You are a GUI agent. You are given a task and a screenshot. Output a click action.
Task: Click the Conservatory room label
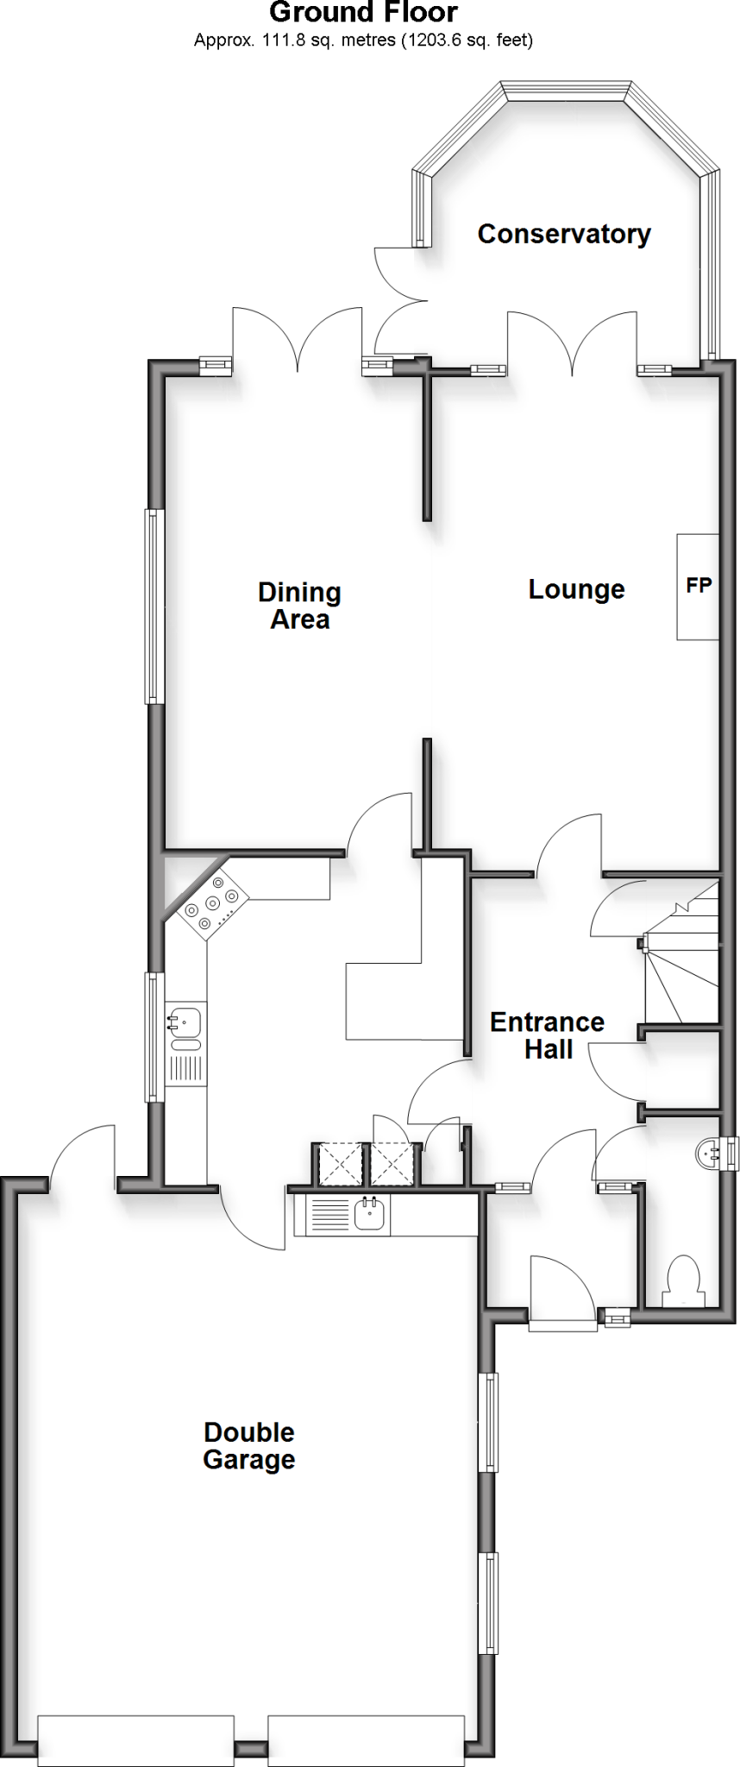(564, 234)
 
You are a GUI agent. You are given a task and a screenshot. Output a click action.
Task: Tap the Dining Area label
(300, 606)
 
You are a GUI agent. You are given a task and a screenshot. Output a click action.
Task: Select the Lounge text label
(576, 589)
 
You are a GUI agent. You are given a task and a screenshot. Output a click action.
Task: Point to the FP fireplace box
(698, 587)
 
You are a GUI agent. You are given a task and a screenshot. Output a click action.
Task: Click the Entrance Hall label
(548, 1035)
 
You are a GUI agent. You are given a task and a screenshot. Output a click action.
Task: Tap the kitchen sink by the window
(185, 1022)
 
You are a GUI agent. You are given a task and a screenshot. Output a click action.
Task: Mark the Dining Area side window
(154, 606)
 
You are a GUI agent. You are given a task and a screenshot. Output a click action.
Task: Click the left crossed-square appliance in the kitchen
(341, 1164)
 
